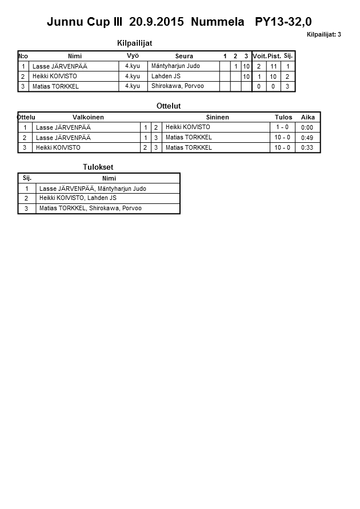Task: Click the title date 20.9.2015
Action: click(x=157, y=22)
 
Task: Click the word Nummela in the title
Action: click(x=217, y=22)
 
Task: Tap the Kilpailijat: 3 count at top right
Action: click(x=323, y=35)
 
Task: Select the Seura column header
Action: click(x=184, y=56)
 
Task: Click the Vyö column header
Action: click(x=133, y=55)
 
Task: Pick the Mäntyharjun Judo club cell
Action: click(x=175, y=66)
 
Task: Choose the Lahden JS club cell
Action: click(x=166, y=76)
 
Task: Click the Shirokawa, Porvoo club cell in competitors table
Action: click(x=177, y=86)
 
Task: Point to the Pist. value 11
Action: click(x=273, y=66)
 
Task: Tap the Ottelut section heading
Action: click(x=168, y=106)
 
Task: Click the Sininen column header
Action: click(x=217, y=117)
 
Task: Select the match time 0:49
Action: click(x=307, y=138)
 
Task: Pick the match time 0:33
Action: click(x=307, y=147)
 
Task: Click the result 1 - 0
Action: click(x=282, y=127)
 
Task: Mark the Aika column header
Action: click(x=307, y=117)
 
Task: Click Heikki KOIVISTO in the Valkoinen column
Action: click(x=58, y=147)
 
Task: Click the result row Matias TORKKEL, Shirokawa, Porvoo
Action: click(x=90, y=209)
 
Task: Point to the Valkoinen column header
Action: click(x=88, y=117)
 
